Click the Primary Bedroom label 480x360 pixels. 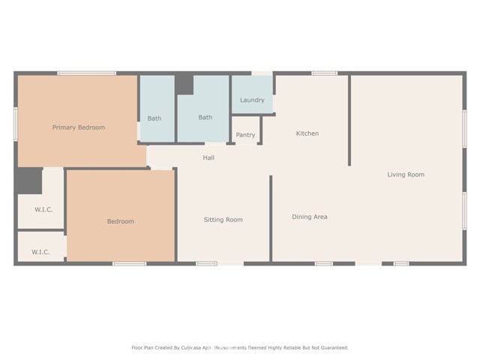(79, 127)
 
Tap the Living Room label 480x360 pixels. (406, 175)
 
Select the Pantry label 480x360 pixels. (245, 135)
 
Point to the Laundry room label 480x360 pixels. (252, 100)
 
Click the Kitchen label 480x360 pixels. (307, 133)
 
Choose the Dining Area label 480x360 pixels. (310, 217)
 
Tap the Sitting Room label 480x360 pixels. (223, 220)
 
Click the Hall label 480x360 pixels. (208, 157)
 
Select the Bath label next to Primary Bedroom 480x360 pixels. (154, 118)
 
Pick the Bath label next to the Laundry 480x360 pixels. (205, 117)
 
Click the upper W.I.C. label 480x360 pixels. (43, 210)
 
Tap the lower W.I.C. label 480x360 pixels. (40, 252)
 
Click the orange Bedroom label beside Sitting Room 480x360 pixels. (121, 221)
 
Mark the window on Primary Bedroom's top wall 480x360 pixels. (87, 73)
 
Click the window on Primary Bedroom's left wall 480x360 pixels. (16, 124)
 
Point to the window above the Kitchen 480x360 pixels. (325, 73)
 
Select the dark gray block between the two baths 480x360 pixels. (184, 85)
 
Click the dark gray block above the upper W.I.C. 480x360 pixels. (30, 181)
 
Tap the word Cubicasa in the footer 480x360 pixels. (191, 348)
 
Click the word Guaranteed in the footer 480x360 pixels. (335, 348)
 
